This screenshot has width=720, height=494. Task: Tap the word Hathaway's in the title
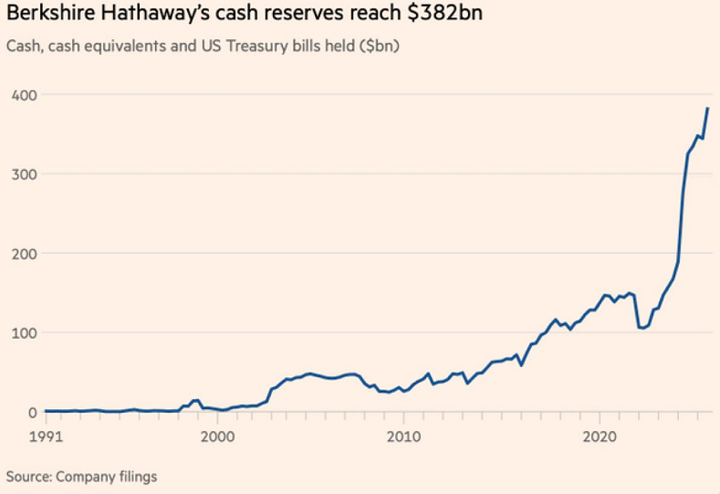pos(136,17)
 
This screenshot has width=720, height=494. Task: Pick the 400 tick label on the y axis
pos(24,95)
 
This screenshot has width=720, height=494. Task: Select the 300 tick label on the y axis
pos(24,174)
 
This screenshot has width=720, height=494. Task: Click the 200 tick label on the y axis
pos(24,254)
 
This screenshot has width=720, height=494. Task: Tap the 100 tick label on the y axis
pos(24,333)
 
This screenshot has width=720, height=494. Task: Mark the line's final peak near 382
pos(707,109)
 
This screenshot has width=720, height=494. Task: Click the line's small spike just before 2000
pos(196,400)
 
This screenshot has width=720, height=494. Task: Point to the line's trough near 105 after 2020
pos(642,328)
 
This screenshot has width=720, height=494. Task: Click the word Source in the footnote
pos(26,476)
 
